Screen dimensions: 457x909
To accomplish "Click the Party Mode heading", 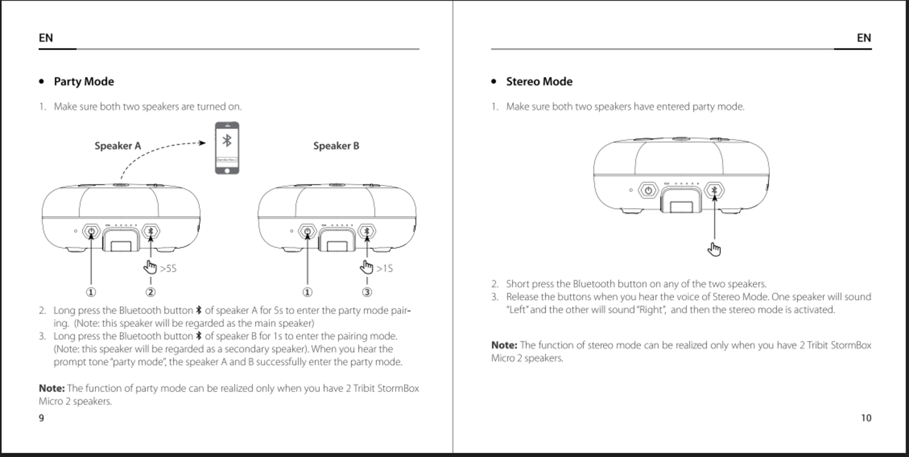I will [x=84, y=81].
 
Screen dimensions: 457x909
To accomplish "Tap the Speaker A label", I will [x=117, y=146].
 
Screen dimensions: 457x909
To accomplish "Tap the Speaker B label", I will [x=336, y=146].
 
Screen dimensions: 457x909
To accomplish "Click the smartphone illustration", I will [x=227, y=148].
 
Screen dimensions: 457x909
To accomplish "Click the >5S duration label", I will [x=168, y=269].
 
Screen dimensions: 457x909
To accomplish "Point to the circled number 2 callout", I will [x=151, y=292].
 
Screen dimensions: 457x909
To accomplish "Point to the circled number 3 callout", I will [x=367, y=292].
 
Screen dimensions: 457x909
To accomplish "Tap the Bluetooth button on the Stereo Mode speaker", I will [x=714, y=190].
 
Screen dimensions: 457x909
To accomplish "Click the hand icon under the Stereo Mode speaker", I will [x=714, y=250].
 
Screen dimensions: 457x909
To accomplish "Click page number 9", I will [x=41, y=418].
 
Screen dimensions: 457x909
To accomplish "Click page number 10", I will [x=866, y=418].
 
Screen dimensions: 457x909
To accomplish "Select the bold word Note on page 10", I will [x=504, y=345].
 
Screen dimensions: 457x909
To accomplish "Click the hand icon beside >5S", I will [x=150, y=267].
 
